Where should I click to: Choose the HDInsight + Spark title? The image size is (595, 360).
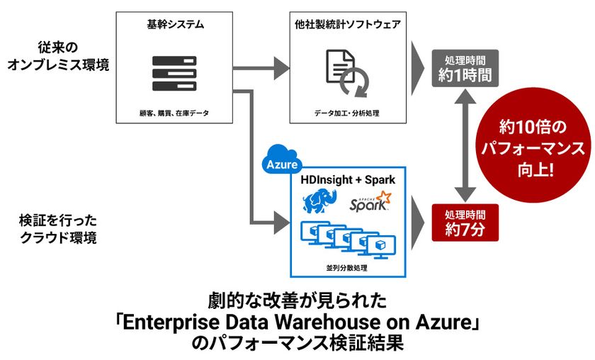click(348, 181)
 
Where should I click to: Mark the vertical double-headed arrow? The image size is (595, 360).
click(464, 145)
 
